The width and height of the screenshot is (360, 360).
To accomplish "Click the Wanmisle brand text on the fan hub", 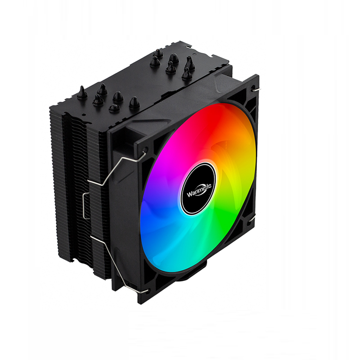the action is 199,190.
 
